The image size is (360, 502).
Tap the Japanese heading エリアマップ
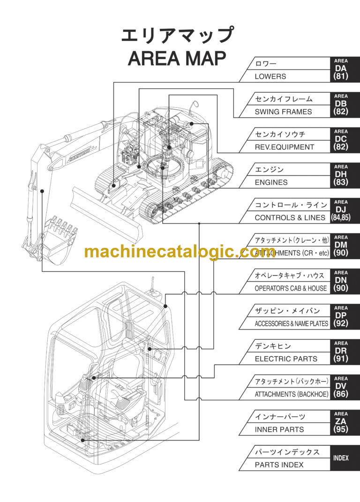(x=177, y=36)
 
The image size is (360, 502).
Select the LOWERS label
(x=270, y=76)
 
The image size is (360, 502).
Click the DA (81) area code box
(x=341, y=69)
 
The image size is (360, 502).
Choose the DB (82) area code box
(x=341, y=104)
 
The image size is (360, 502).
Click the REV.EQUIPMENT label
(x=285, y=147)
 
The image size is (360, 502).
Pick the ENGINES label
(x=271, y=182)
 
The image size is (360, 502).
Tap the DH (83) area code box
(x=341, y=175)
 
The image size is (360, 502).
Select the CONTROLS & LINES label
(x=290, y=217)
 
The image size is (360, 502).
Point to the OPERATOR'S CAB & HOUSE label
(x=291, y=288)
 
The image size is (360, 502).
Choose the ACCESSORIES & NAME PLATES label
(x=291, y=323)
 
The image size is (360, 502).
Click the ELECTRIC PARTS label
(x=286, y=359)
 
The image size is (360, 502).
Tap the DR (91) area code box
(x=341, y=352)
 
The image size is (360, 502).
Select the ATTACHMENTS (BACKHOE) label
(x=292, y=394)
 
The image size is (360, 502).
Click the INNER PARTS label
(x=279, y=429)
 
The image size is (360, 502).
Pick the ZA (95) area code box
(x=341, y=422)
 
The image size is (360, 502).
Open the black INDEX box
(x=341, y=458)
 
